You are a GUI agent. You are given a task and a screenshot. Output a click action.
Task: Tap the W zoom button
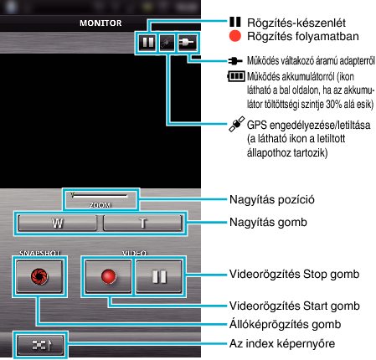(57, 223)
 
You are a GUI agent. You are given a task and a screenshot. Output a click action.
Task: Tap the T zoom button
(142, 223)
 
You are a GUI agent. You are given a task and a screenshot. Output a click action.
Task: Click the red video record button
(108, 276)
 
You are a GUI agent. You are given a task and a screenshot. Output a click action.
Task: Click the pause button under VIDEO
(159, 276)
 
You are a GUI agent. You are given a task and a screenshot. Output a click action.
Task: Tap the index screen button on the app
(40, 345)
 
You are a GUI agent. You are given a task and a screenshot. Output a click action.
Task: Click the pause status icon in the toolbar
(147, 43)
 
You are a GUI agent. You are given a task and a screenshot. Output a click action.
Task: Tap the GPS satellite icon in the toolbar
(167, 43)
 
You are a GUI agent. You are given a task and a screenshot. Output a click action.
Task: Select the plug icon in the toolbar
(187, 43)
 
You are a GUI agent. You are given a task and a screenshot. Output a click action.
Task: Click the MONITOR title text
(100, 23)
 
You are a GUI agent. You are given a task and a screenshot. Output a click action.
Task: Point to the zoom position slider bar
(100, 195)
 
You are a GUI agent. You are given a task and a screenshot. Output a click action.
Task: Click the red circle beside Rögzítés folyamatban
(235, 36)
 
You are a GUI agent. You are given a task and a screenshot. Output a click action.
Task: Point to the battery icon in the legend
(236, 76)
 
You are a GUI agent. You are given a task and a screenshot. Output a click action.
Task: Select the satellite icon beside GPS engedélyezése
(237, 124)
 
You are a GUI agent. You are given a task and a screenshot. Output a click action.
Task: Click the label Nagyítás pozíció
(272, 200)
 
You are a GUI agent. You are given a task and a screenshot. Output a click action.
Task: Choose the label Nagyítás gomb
(268, 223)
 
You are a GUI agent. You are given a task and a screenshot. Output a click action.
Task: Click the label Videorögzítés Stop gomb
(294, 274)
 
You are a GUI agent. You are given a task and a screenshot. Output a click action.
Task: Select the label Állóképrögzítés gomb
(285, 324)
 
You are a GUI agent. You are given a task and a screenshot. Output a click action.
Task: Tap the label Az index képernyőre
(282, 343)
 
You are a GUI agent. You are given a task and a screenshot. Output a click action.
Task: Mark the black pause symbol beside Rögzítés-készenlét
(235, 22)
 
